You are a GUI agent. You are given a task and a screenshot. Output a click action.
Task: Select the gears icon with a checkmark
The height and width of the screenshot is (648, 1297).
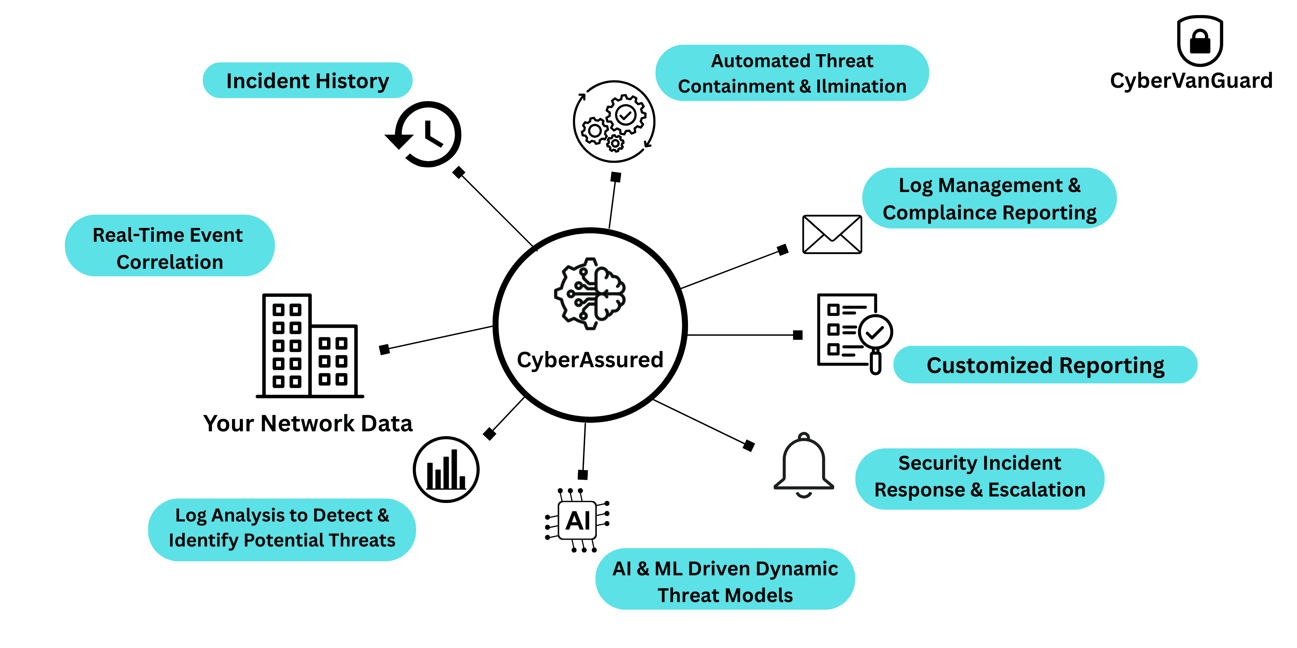pyautogui.click(x=614, y=121)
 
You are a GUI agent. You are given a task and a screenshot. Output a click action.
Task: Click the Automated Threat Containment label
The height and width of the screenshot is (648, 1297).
pyautogui.click(x=792, y=73)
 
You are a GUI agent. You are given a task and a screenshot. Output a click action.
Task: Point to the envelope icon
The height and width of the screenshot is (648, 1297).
pyautogui.click(x=832, y=235)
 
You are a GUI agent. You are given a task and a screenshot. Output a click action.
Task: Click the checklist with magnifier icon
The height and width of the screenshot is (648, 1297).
pyautogui.click(x=853, y=332)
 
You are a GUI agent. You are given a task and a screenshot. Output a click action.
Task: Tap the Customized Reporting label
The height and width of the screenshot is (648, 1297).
pyautogui.click(x=1045, y=365)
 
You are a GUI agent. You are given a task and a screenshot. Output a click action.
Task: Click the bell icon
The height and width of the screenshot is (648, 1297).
pyautogui.click(x=804, y=465)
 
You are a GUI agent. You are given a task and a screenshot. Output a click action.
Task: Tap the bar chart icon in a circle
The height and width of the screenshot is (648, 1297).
pyautogui.click(x=446, y=469)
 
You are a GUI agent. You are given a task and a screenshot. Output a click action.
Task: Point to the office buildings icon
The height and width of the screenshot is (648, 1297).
pyautogui.click(x=309, y=346)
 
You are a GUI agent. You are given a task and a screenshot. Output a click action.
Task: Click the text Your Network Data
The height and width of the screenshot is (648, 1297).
pyautogui.click(x=308, y=423)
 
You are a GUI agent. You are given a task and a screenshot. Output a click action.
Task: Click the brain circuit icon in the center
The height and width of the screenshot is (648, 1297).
pyautogui.click(x=589, y=294)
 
